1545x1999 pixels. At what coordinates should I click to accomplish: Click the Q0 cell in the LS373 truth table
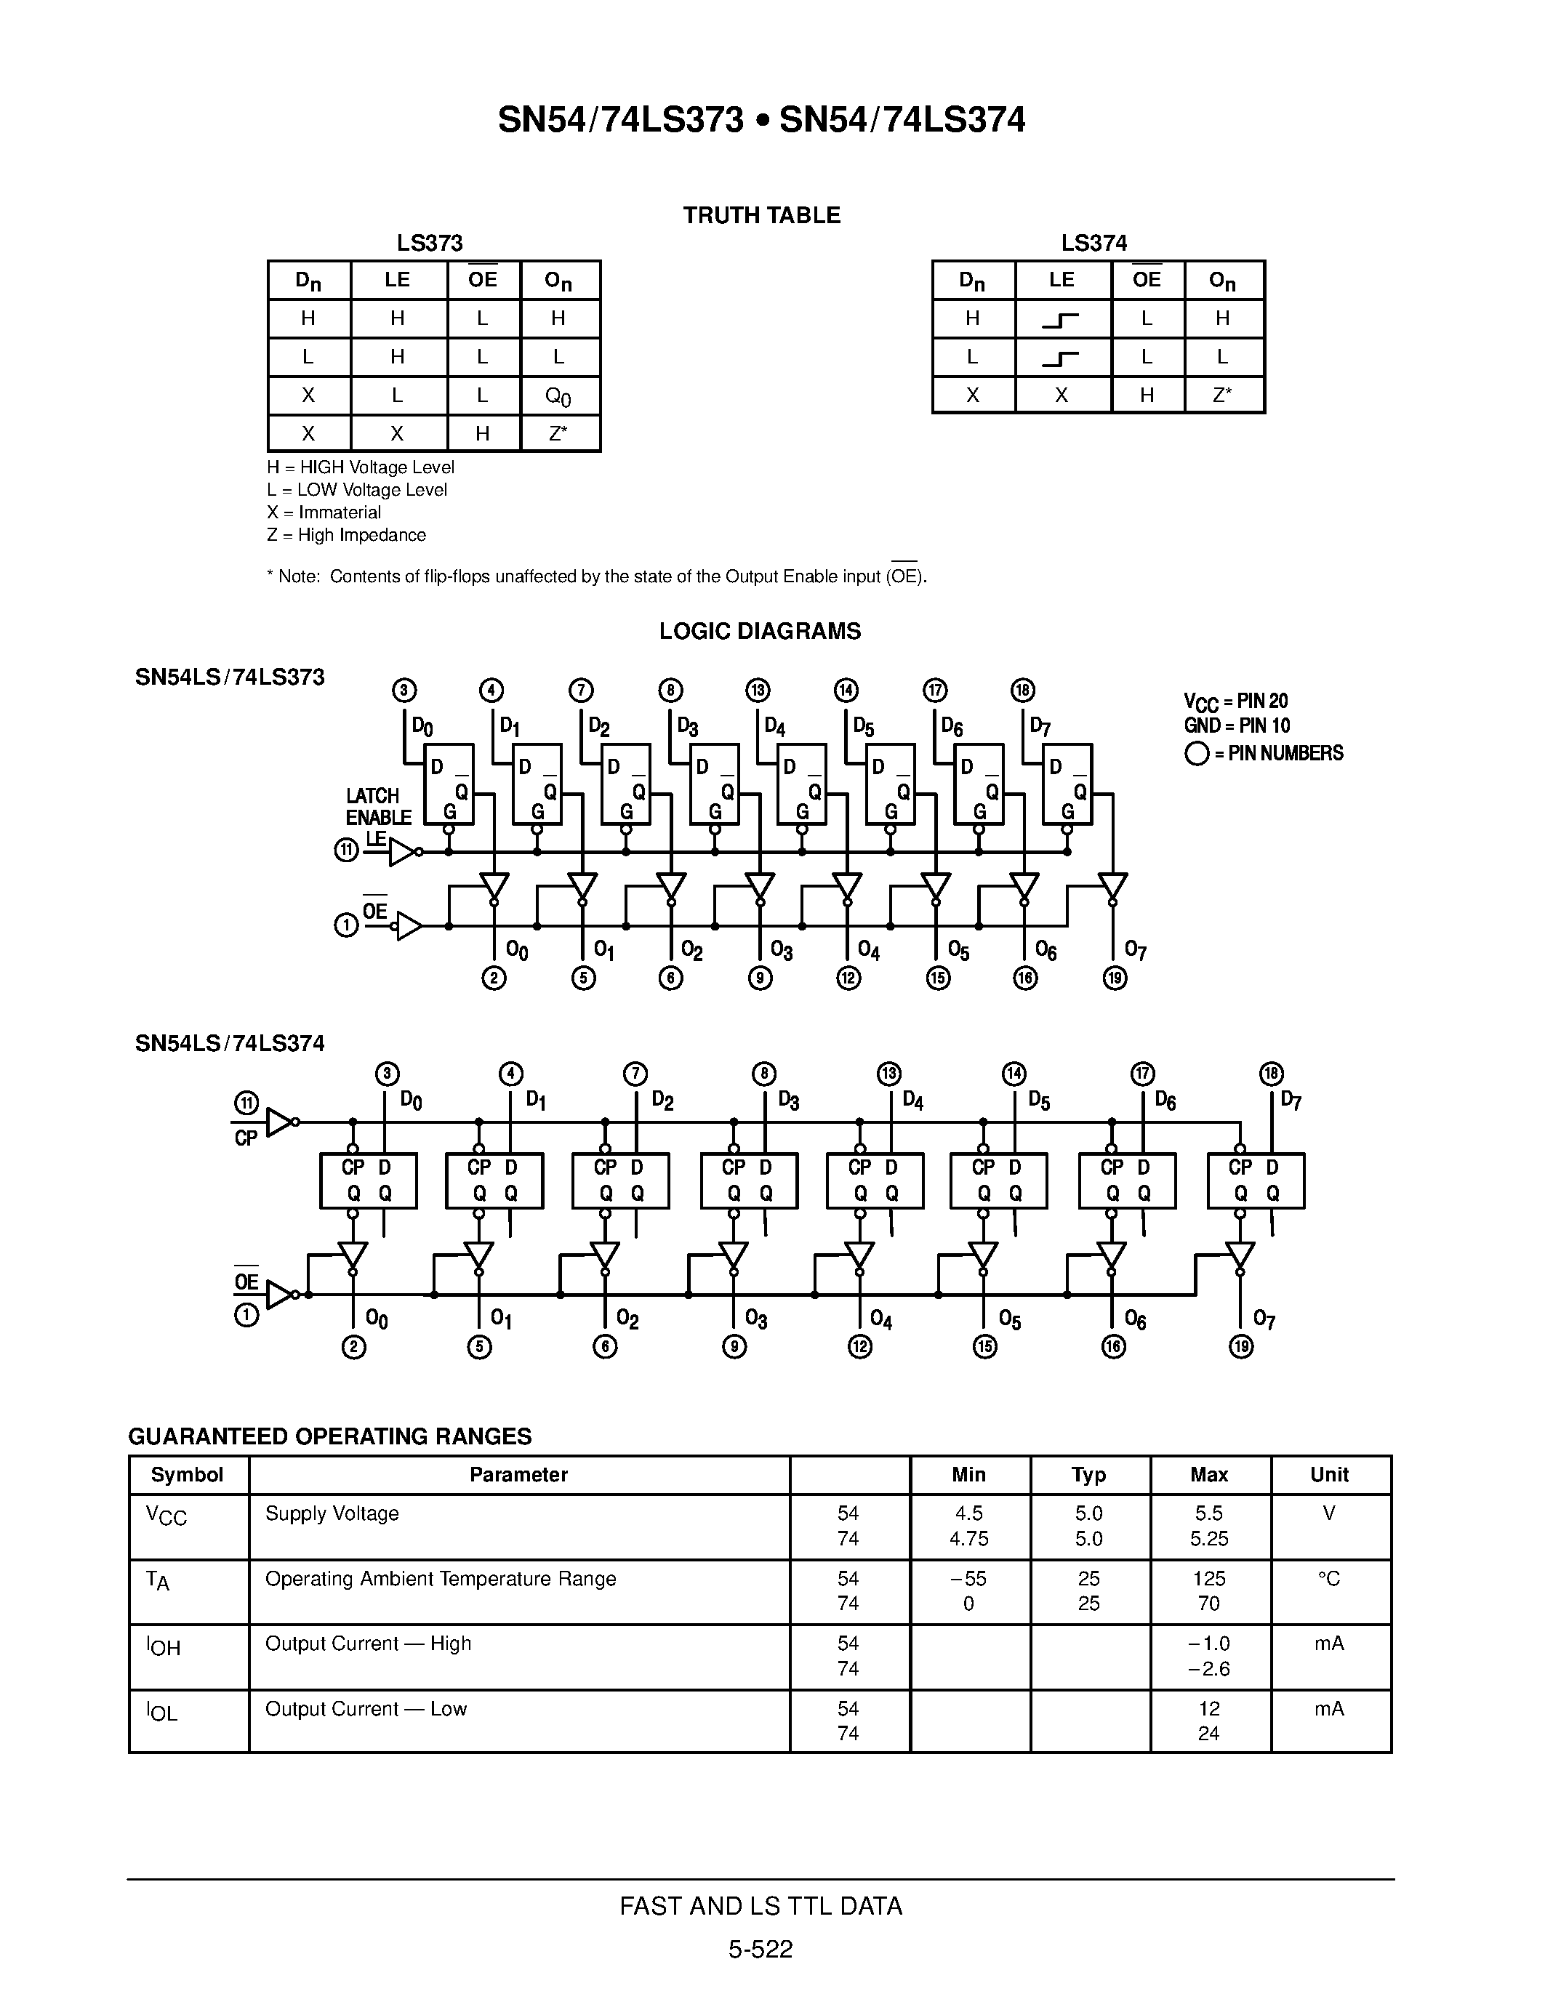coord(558,396)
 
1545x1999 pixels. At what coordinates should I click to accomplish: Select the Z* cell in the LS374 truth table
coord(1223,395)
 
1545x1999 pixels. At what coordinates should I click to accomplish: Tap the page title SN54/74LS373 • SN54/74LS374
coord(761,120)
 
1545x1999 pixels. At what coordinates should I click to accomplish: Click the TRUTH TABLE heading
coord(761,215)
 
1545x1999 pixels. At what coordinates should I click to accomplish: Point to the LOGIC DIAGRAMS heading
coord(760,632)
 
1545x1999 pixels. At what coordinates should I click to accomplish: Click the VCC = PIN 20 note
coord(1235,702)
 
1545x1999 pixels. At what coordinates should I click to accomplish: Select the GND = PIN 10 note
coord(1237,726)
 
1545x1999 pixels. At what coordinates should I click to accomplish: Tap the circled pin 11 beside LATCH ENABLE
coord(346,851)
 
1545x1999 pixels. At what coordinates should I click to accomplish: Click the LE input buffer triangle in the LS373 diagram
coord(401,852)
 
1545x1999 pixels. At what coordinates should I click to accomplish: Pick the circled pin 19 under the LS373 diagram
coord(1115,978)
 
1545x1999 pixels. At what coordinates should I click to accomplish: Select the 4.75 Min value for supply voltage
coord(968,1539)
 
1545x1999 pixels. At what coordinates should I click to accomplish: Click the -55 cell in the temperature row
coord(968,1578)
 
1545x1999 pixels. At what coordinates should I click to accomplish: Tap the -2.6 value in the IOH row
coord(1208,1668)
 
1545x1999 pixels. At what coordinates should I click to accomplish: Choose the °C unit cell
coord(1329,1578)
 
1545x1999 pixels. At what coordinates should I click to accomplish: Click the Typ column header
coord(1088,1475)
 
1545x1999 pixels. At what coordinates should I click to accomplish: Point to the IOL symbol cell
coord(163,1712)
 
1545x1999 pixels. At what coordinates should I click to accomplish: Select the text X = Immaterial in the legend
coord(324,512)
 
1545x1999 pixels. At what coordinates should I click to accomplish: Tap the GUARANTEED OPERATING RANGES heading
coord(329,1436)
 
